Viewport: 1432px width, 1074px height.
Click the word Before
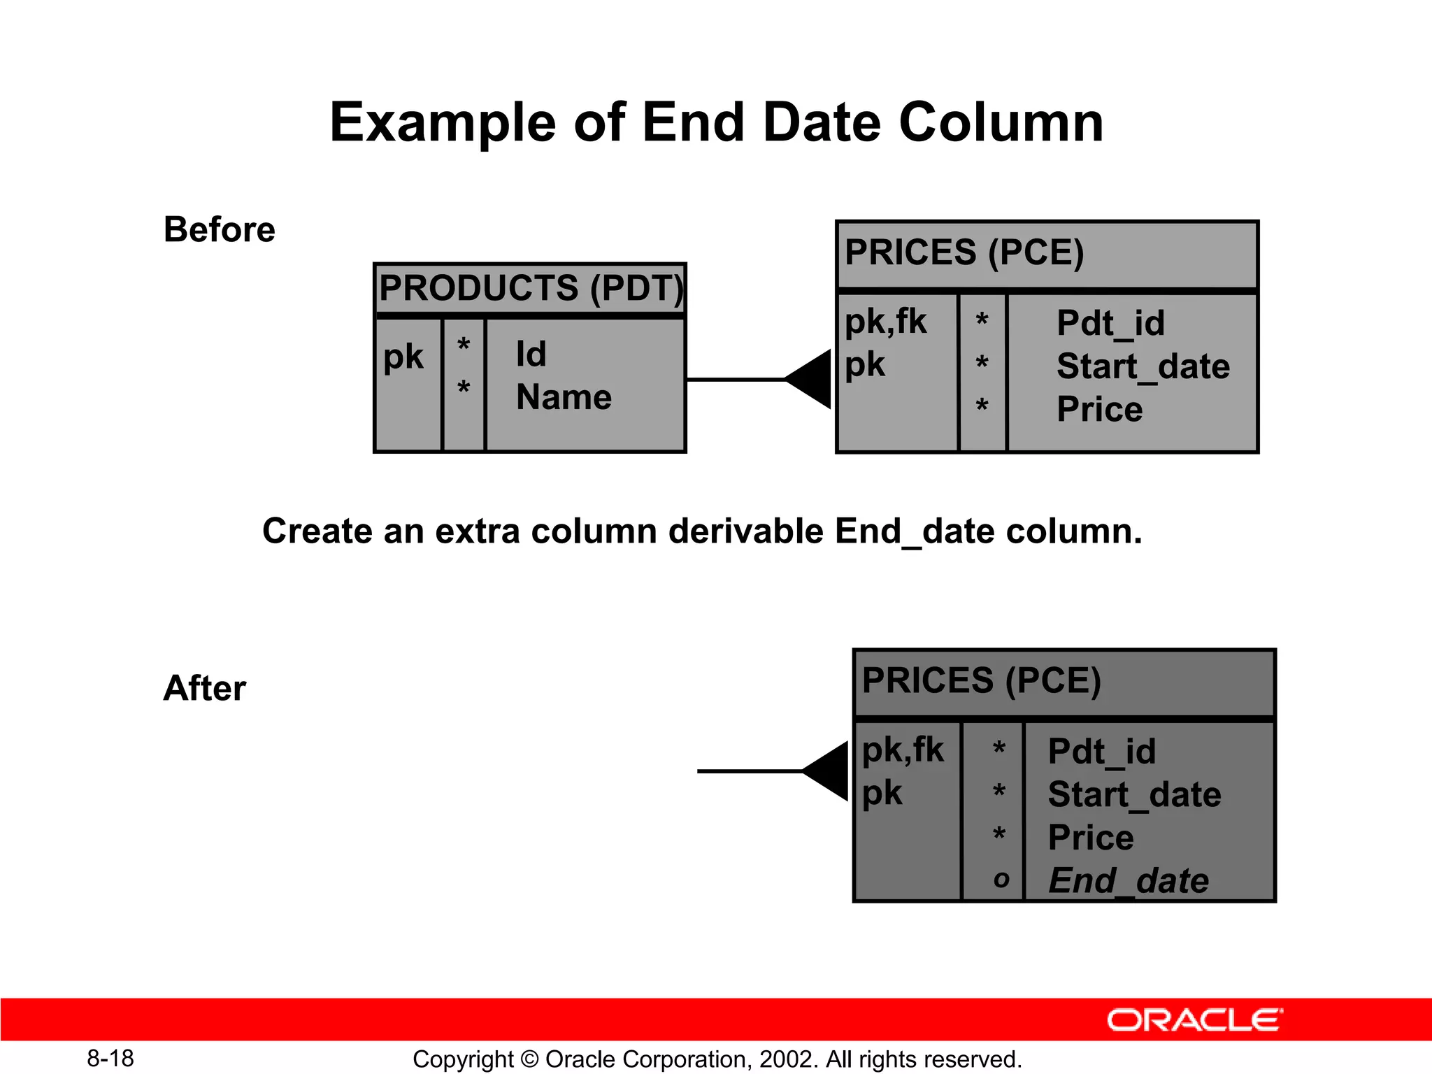219,230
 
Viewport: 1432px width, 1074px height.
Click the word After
204,688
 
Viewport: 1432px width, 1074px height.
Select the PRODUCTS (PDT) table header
530,288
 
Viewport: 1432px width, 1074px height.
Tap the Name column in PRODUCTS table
564,397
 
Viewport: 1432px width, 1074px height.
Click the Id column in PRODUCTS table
531,354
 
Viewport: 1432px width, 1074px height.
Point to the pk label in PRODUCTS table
403,357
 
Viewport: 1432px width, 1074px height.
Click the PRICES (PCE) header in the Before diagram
964,252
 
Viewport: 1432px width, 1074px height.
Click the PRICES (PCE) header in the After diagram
981,680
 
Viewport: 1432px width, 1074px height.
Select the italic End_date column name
1128,880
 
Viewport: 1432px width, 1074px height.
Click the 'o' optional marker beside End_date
1001,880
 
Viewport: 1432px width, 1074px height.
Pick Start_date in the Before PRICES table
1143,366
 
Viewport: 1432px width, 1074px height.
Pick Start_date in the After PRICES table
1134,795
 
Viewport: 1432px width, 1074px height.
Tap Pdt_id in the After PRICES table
1102,752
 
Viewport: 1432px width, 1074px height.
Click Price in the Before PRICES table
1099,409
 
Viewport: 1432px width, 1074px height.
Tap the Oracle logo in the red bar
1194,1020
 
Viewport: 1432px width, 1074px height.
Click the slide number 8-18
110,1059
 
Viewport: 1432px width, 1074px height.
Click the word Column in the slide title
1001,122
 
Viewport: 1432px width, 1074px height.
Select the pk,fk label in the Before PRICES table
885,322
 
